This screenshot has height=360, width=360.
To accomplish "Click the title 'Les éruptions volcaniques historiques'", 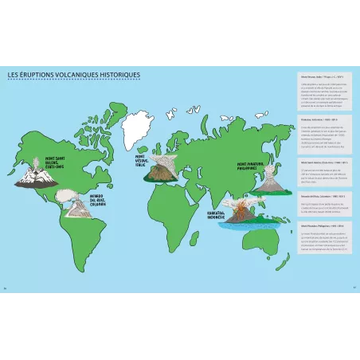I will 73,76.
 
